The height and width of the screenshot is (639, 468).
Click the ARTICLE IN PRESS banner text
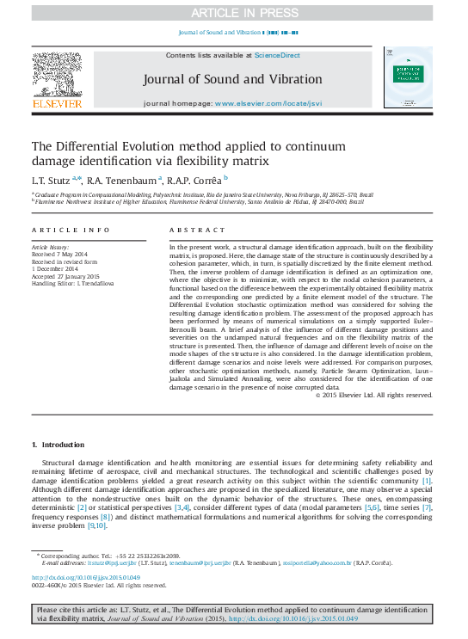[233, 12]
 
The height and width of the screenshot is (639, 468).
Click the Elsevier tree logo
[57, 74]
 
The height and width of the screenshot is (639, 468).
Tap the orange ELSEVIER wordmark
[57, 104]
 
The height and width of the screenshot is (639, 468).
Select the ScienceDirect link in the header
[277, 55]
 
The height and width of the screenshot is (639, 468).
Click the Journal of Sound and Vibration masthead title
[232, 79]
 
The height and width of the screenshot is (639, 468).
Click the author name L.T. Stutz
[50, 179]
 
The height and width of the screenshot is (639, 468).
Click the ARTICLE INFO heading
[71, 230]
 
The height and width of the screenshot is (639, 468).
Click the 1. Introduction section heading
[58, 445]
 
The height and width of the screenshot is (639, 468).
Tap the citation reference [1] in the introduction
[427, 480]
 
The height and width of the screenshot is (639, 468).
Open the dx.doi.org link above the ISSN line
[86, 577]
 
